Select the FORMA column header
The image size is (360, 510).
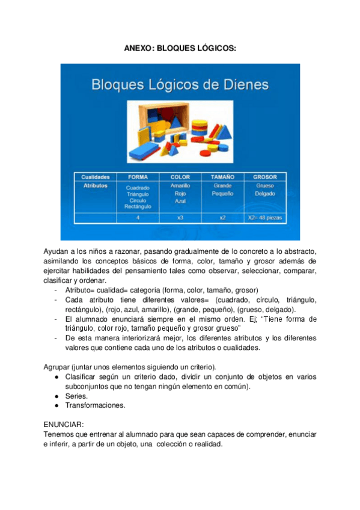[138, 177]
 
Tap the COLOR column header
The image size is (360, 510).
[180, 177]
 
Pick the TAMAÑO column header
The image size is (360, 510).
[222, 177]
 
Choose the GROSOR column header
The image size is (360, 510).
[264, 177]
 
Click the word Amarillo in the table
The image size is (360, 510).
[180, 186]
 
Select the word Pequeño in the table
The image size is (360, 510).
[222, 194]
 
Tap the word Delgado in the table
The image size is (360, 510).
[264, 194]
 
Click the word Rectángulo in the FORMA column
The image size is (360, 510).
[138, 206]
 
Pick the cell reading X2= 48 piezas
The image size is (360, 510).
[264, 217]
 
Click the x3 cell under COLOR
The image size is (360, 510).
[180, 217]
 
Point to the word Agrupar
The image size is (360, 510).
[56, 367]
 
